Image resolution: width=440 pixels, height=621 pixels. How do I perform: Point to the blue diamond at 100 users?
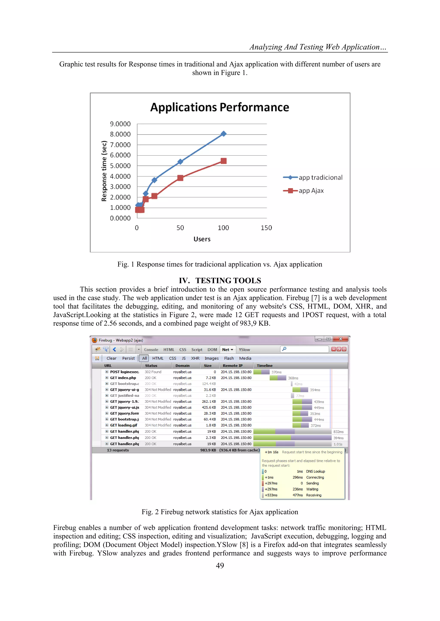223,134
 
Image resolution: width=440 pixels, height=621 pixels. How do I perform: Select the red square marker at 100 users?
223,161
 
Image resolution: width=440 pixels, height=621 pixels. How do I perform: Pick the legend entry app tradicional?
320,177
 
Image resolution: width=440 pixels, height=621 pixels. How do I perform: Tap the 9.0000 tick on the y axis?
120,124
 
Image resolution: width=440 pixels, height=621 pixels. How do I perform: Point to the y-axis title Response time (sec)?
104,171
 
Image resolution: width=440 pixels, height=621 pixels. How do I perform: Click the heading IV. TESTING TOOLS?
220,281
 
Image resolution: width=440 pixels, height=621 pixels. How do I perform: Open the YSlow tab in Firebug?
244,349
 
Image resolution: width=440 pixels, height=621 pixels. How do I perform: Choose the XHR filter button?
195,358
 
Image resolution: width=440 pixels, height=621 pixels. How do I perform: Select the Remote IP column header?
232,365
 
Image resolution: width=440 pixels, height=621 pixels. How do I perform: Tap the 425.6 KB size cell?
209,407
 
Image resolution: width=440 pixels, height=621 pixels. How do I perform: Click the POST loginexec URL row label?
124,372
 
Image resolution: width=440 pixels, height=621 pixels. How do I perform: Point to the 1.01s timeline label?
338,444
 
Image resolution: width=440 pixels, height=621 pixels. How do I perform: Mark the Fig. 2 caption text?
220,512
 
